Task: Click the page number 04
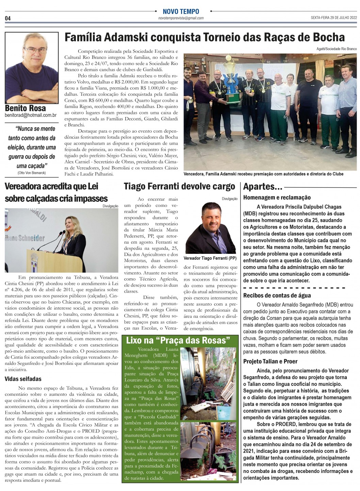pyautogui.click(x=8, y=18)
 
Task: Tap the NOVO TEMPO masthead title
pyautogui.click(x=181, y=11)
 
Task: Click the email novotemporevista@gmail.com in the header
pyautogui.click(x=181, y=18)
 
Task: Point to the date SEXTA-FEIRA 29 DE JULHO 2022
pyautogui.click(x=333, y=18)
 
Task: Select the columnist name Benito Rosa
pyautogui.click(x=26, y=108)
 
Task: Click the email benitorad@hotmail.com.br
pyautogui.click(x=31, y=115)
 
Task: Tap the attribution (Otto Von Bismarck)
pyautogui.click(x=31, y=173)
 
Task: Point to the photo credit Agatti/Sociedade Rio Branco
pyautogui.click(x=337, y=49)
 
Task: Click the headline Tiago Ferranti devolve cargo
pyautogui.click(x=179, y=186)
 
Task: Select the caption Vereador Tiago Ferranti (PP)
pyautogui.click(x=210, y=258)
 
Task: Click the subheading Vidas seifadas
pyautogui.click(x=23, y=379)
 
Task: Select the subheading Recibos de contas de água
pyautogui.click(x=277, y=295)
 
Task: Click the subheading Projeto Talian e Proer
pyautogui.click(x=270, y=361)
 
